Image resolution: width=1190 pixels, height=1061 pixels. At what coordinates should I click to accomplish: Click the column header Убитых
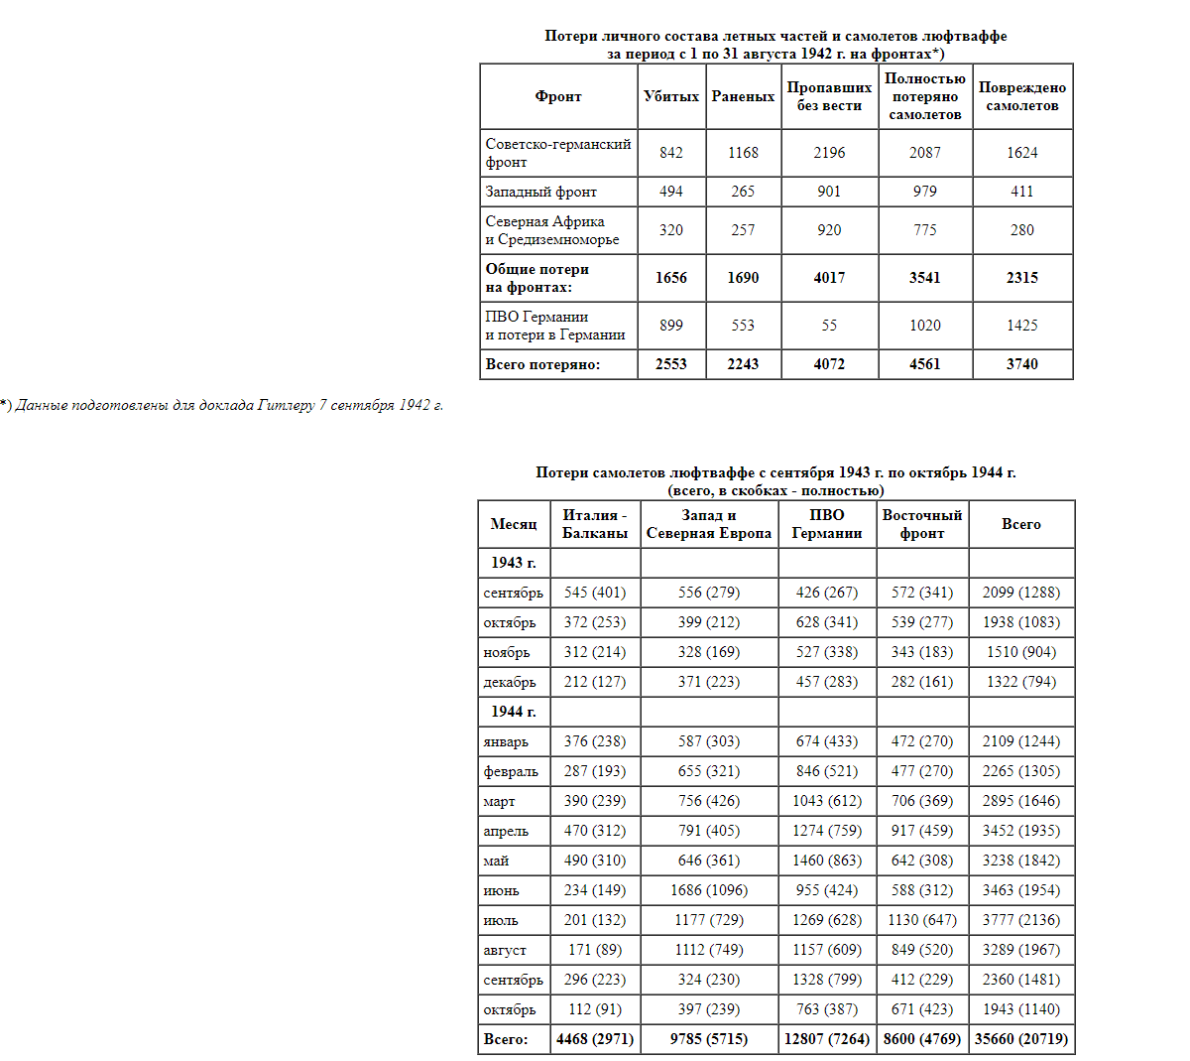point(671,96)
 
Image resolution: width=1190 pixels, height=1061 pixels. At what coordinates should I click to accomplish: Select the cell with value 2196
point(829,153)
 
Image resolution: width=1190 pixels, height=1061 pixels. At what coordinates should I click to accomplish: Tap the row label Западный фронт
point(540,192)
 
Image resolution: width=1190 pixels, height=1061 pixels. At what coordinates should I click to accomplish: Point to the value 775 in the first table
point(924,230)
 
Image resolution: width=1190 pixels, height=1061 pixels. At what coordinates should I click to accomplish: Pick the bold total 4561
point(924,364)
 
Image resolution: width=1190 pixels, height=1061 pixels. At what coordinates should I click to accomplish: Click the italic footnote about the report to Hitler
point(222,405)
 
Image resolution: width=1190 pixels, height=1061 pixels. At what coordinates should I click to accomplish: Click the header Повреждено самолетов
point(1021,96)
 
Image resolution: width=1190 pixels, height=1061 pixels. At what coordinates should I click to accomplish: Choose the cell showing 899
point(671,326)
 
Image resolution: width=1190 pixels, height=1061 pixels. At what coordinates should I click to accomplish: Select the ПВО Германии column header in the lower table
point(826,524)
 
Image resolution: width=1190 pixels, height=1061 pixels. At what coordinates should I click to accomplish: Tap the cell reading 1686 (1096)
point(709,890)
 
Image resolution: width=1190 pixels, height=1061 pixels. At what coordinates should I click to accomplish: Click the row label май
point(496,861)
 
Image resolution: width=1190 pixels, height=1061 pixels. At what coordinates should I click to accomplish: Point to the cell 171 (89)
point(595,950)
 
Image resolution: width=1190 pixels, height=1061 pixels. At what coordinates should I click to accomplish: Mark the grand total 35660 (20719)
point(1021,1039)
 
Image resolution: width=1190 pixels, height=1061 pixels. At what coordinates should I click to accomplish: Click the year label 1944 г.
point(514,712)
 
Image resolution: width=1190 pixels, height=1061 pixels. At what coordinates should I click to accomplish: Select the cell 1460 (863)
point(826,861)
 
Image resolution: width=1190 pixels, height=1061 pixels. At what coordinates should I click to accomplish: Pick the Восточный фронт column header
point(922,524)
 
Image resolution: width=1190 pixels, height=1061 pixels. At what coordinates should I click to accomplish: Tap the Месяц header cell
point(514,524)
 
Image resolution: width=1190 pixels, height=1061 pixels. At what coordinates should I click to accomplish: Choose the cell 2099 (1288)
point(1021,593)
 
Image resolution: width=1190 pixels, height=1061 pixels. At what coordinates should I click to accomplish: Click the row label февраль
point(511,771)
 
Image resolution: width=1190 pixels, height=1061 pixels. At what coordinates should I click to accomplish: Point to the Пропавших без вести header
point(829,96)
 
